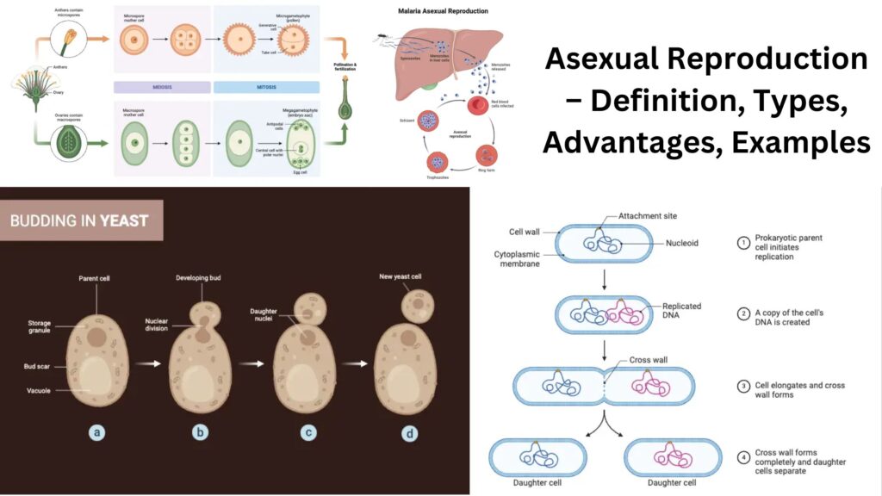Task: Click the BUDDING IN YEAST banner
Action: pyautogui.click(x=79, y=220)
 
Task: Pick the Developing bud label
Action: pyautogui.click(x=201, y=278)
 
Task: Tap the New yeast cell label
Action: pyautogui.click(x=405, y=276)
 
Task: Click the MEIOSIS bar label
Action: pyautogui.click(x=162, y=87)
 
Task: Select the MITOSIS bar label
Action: pyautogui.click(x=266, y=87)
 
